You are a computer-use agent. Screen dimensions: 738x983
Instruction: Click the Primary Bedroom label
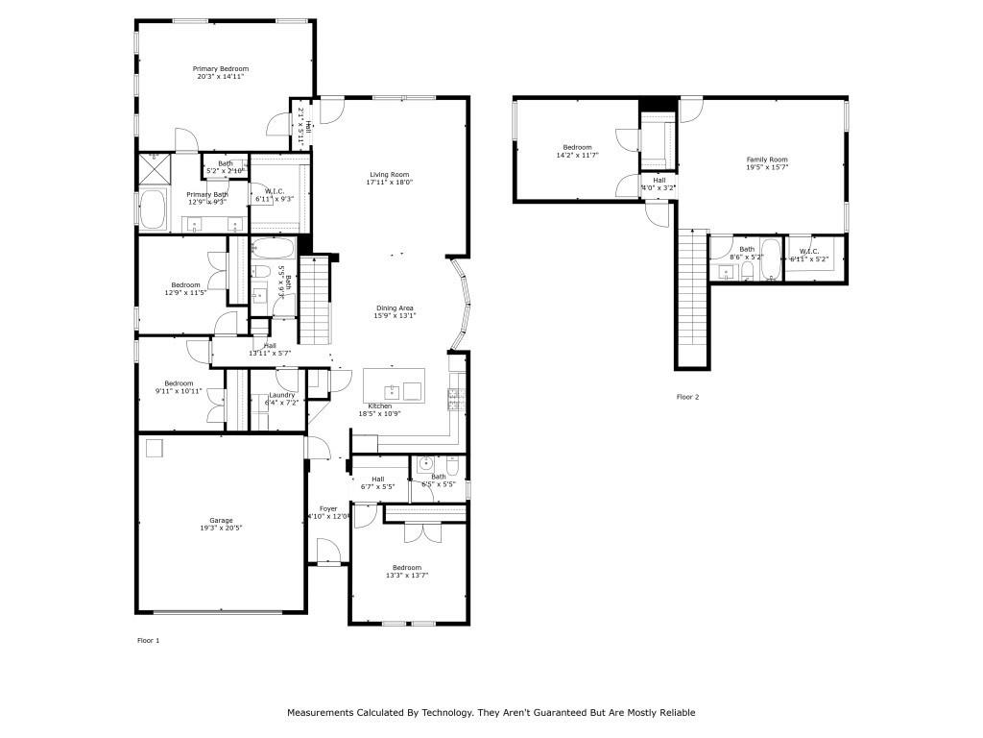pos(220,69)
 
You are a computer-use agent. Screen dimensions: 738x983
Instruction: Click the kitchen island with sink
pos(393,387)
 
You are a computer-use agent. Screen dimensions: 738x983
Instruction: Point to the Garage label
pos(221,520)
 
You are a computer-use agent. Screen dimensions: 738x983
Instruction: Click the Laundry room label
pos(281,395)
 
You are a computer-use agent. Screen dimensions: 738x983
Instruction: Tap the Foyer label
pos(328,508)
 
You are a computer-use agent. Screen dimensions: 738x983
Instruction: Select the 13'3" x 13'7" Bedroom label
pos(406,568)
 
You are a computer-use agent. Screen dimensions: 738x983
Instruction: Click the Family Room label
pos(767,160)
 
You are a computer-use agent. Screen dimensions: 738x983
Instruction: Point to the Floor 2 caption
pos(688,397)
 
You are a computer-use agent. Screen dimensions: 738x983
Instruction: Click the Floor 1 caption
pos(148,639)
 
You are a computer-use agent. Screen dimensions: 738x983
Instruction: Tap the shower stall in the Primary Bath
pos(156,166)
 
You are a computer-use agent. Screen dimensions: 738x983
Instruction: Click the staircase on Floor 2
pos(693,298)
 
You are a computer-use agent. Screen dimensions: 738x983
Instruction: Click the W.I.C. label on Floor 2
pos(808,253)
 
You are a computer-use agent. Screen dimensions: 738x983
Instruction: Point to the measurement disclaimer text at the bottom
pos(491,713)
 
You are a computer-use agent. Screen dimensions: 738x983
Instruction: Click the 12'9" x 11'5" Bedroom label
pos(185,284)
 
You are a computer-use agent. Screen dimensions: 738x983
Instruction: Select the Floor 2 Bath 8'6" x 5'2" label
pos(746,250)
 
